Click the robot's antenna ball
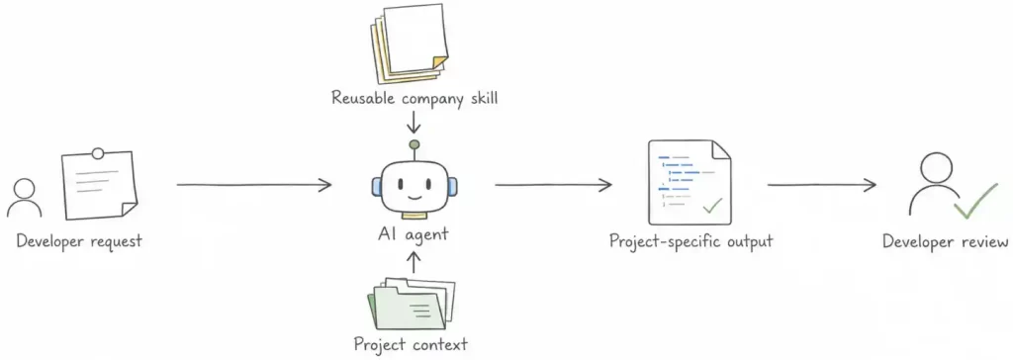[414, 144]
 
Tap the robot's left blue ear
[376, 188]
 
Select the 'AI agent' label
[413, 234]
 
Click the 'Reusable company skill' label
[414, 99]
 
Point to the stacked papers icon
[409, 44]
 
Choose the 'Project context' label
[411, 343]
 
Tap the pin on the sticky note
[98, 154]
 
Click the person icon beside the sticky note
[25, 198]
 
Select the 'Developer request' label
[79, 241]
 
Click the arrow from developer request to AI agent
[254, 186]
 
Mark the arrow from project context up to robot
[414, 262]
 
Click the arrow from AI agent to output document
[553, 186]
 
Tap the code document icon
[690, 182]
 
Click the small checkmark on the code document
[712, 206]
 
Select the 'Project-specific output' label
[691, 242]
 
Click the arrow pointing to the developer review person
[822, 186]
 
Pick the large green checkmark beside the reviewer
[975, 201]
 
